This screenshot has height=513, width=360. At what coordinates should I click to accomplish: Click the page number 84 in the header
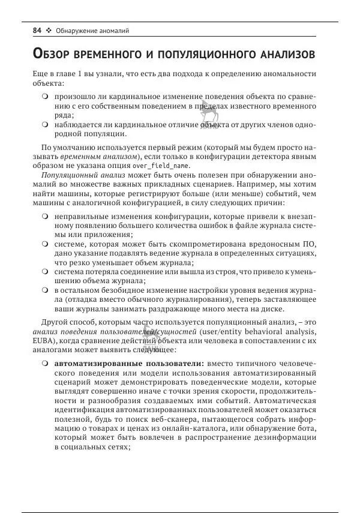pos(37,30)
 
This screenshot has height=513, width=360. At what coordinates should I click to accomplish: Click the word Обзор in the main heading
pos(54,54)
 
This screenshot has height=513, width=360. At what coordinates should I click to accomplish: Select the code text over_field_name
pos(161,165)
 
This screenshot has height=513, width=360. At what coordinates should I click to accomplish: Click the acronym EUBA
pos(43,341)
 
